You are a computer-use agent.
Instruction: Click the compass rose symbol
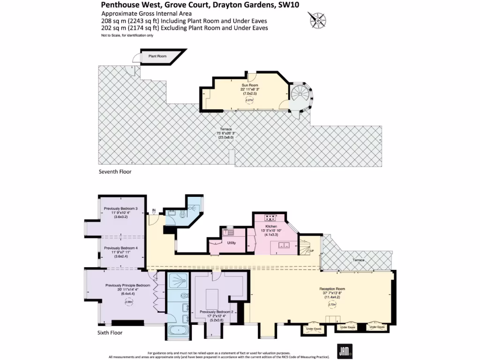point(317,20)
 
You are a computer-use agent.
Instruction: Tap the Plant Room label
point(157,56)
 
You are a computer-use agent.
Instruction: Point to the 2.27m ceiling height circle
point(250,99)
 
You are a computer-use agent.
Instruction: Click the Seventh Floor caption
point(115,172)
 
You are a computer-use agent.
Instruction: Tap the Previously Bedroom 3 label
point(121,209)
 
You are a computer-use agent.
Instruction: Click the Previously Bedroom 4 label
point(121,248)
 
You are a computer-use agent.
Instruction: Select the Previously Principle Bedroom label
point(127,285)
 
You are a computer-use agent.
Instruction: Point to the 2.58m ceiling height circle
point(128,302)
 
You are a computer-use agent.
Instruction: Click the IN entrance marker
point(153,210)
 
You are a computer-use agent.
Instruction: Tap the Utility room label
point(232,243)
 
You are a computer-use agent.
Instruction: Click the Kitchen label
point(272,226)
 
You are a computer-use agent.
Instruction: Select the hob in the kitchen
point(270,217)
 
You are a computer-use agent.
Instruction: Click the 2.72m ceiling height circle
point(332,305)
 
